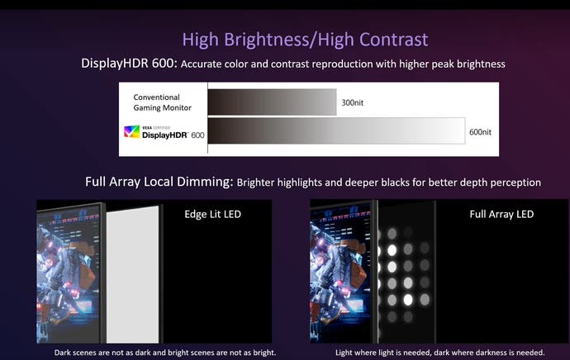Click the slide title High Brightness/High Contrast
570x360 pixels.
305,40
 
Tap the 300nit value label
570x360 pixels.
352,103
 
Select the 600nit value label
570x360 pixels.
480,132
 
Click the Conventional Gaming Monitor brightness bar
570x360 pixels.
273,102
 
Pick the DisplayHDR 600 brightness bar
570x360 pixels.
336,130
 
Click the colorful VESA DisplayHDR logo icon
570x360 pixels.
131,131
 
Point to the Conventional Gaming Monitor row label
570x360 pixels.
162,102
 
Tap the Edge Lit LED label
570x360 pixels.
212,214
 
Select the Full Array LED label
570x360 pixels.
501,214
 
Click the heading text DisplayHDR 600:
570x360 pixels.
129,64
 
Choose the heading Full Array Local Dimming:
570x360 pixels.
159,182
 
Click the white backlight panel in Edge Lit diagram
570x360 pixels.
133,275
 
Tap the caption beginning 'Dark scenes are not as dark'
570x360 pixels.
165,353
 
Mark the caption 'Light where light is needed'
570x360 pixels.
439,353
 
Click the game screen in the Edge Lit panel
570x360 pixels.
68,274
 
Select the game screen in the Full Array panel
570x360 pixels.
340,273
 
